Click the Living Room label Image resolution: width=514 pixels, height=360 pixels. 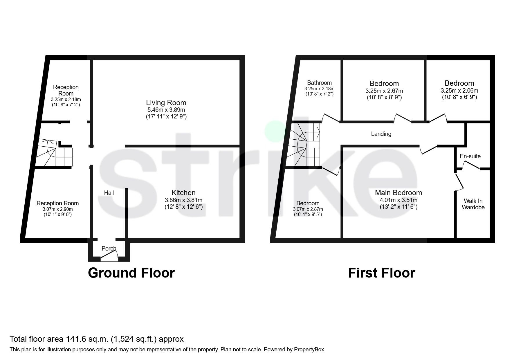click(x=166, y=103)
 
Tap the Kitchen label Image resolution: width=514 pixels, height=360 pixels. click(x=183, y=192)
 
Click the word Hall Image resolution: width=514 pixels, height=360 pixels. click(x=109, y=193)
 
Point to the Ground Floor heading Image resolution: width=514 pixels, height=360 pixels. click(x=131, y=273)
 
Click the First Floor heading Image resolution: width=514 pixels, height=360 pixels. click(x=381, y=273)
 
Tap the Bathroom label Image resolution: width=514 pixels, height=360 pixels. click(x=319, y=83)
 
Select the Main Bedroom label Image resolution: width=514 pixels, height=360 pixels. click(x=398, y=192)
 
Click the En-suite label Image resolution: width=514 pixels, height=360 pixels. click(x=470, y=156)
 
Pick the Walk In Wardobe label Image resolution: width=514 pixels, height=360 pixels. click(x=473, y=204)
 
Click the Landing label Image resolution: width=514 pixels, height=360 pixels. click(x=381, y=134)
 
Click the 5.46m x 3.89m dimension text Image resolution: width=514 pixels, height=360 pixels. click(x=166, y=110)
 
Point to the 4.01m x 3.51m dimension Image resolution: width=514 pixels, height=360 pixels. click(x=398, y=200)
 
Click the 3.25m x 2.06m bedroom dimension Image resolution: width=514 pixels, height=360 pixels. click(x=459, y=91)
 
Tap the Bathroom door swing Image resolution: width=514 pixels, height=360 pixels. click(x=330, y=118)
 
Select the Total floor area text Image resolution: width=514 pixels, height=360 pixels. click(x=97, y=339)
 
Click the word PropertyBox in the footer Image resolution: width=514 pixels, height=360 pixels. click(x=309, y=350)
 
